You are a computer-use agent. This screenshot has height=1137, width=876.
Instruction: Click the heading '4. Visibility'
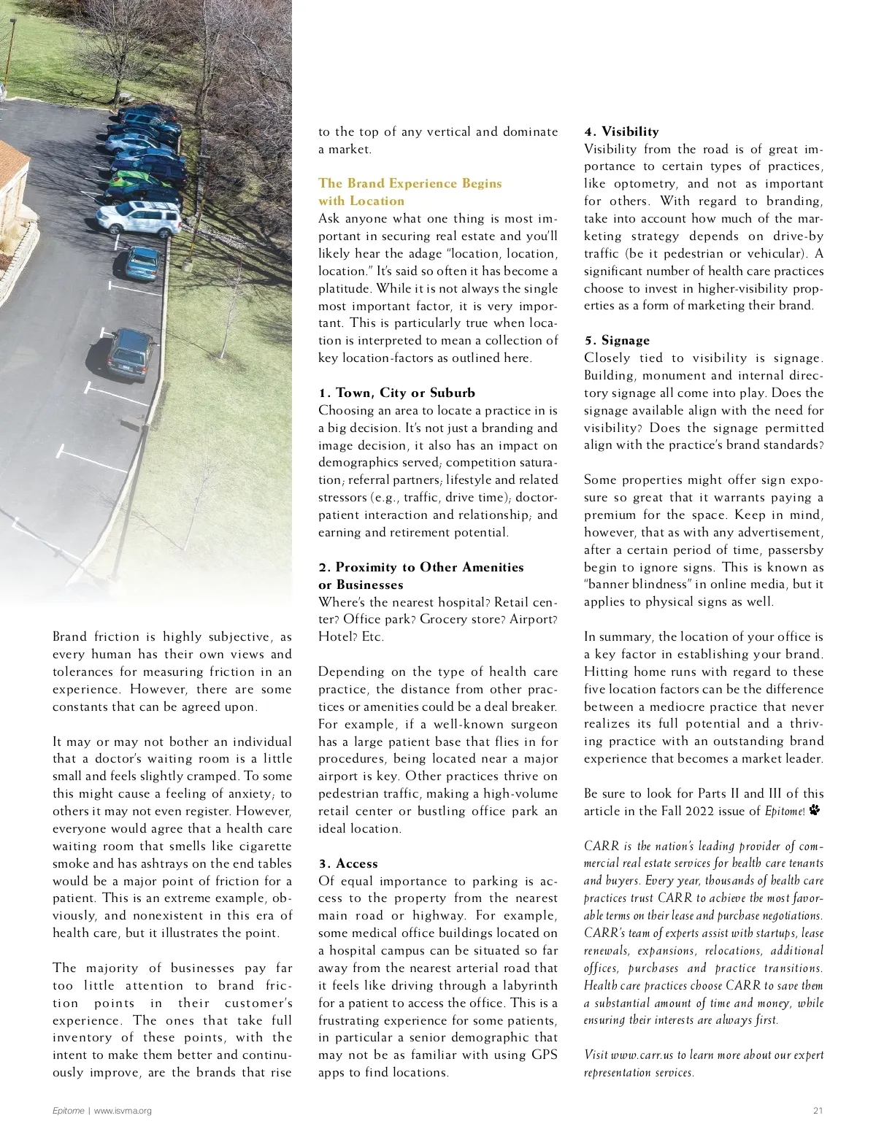[621, 132]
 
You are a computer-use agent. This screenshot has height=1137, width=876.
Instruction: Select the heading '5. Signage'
[617, 341]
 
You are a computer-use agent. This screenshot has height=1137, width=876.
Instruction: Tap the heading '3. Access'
[348, 864]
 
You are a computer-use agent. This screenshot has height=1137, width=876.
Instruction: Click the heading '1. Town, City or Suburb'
[396, 393]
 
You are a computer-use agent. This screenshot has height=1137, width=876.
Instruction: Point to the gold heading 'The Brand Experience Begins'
[410, 184]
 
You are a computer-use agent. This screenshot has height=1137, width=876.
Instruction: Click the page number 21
[818, 1111]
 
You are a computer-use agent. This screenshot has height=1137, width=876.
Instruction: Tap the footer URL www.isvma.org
[123, 1111]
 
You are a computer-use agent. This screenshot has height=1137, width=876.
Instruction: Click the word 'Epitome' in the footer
[68, 1111]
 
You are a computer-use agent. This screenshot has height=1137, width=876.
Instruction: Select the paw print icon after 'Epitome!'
[815, 810]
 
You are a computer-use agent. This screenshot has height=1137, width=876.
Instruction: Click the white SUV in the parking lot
[139, 217]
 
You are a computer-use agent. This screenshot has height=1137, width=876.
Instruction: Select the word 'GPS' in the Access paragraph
[545, 1055]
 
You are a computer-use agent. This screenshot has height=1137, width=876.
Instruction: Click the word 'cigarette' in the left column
[260, 847]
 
